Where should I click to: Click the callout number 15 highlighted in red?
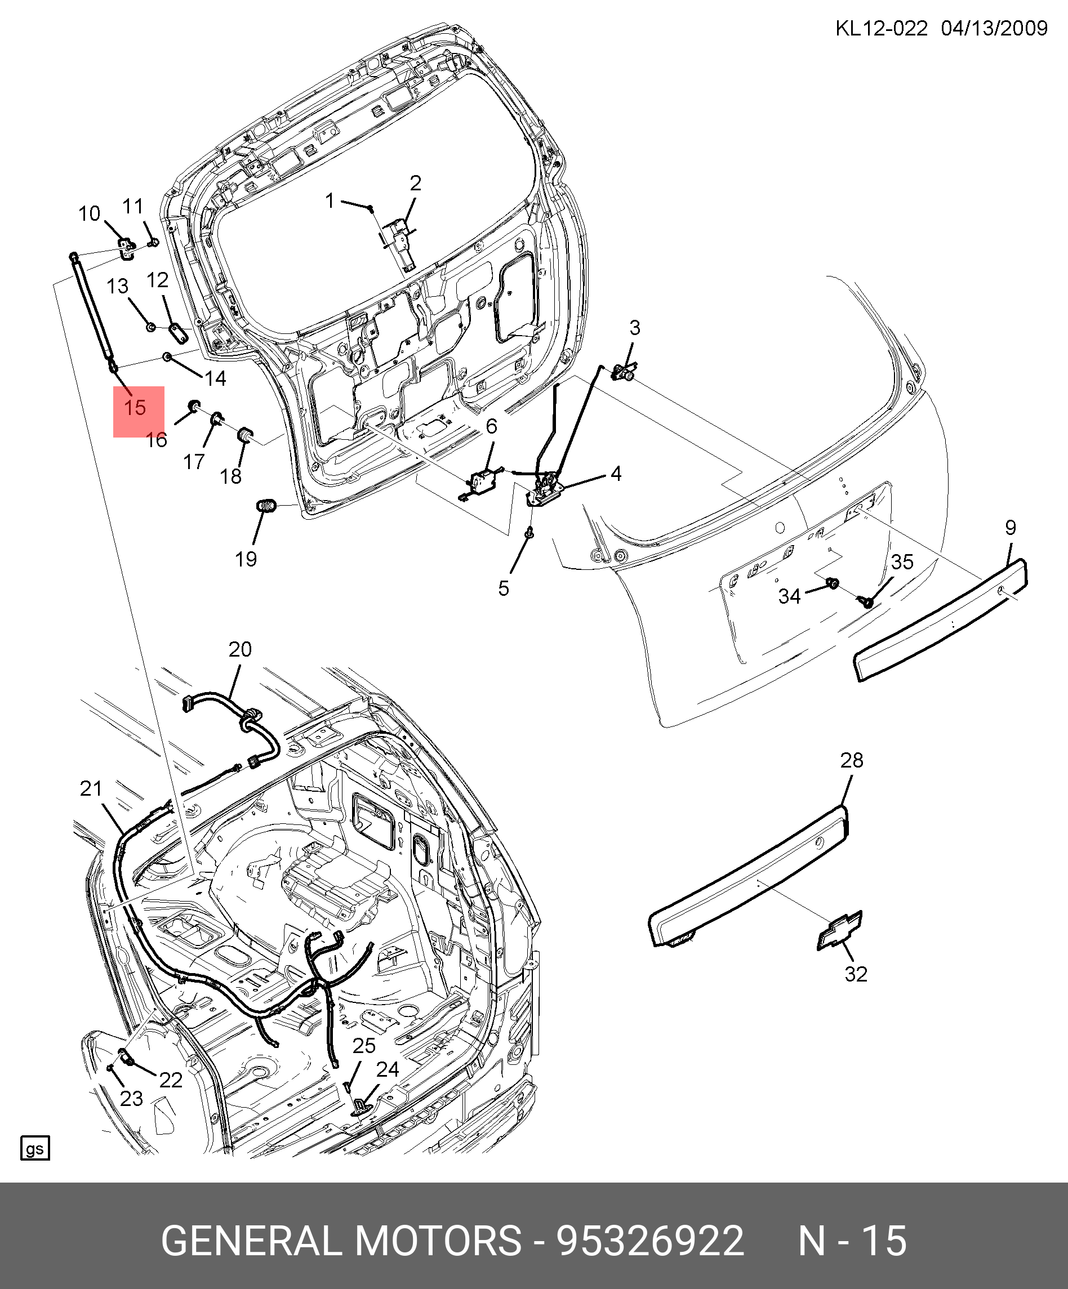point(135,408)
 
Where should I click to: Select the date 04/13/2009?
point(994,28)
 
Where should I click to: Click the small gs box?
point(35,1148)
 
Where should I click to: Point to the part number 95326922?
point(650,1240)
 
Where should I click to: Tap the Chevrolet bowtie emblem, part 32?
point(839,931)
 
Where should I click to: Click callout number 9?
point(1011,527)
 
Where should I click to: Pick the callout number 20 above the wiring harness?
point(239,649)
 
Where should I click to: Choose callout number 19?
point(246,559)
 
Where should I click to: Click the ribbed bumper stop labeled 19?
point(266,506)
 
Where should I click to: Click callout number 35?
point(902,561)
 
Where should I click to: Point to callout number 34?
point(789,596)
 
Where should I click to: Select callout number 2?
point(416,183)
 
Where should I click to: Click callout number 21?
point(91,789)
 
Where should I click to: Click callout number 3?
point(634,328)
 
